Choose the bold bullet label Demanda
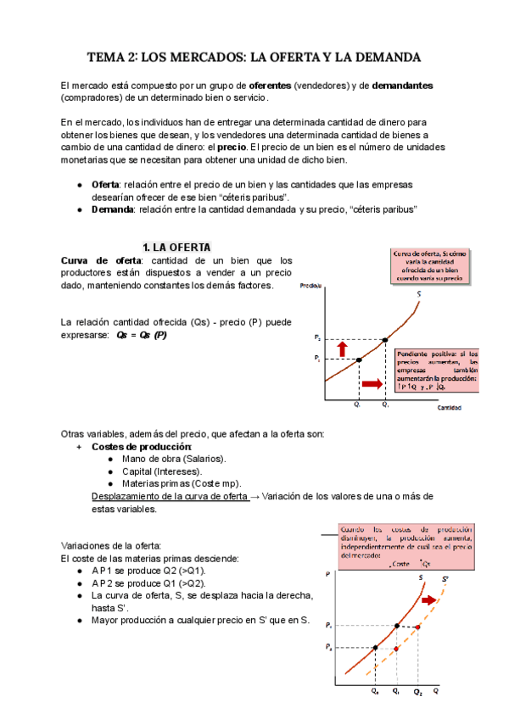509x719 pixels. pyautogui.click(x=112, y=209)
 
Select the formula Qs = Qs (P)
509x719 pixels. pyautogui.click(x=140, y=335)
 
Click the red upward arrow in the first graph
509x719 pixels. pyautogui.click(x=342, y=348)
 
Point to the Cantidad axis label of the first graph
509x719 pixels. pyautogui.click(x=448, y=408)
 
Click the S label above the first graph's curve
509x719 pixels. pyautogui.click(x=419, y=294)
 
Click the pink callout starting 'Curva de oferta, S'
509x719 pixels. pyautogui.click(x=430, y=265)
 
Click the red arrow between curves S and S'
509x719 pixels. pyautogui.click(x=432, y=599)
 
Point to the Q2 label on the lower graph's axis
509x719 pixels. pyautogui.click(x=417, y=693)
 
